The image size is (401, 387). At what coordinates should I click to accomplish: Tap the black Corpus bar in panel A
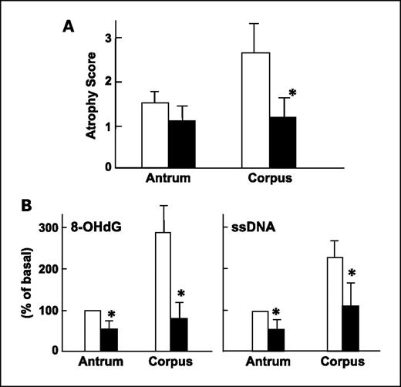(x=286, y=142)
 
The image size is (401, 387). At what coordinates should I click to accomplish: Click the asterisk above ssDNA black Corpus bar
(x=352, y=274)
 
